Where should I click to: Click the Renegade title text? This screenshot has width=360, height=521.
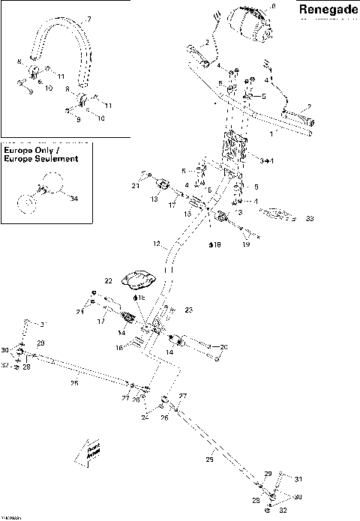327,10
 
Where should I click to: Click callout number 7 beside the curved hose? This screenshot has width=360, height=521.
88,19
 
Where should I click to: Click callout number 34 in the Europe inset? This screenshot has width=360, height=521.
73,199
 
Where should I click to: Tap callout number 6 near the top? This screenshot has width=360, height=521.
272,7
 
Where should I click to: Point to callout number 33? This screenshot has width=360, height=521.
309,220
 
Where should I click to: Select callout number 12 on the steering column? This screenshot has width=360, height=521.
157,244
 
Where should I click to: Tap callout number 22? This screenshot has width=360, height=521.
108,280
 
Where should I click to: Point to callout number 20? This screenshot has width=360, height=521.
223,347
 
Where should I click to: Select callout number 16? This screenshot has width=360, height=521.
118,348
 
